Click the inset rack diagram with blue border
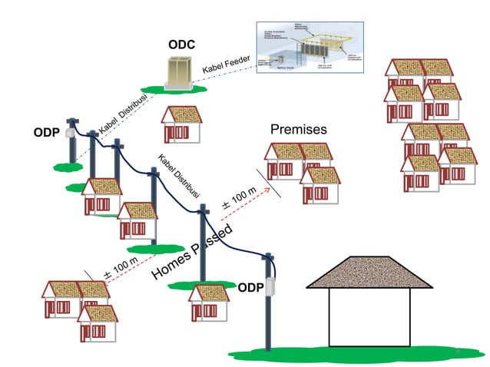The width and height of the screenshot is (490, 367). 315,51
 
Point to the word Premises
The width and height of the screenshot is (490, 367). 299,130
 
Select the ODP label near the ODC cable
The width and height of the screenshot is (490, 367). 46,132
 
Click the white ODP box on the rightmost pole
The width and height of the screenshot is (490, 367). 270,288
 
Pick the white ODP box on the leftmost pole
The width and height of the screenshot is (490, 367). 71,133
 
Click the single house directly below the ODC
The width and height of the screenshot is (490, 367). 181,124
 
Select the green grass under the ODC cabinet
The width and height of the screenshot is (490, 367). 180,91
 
